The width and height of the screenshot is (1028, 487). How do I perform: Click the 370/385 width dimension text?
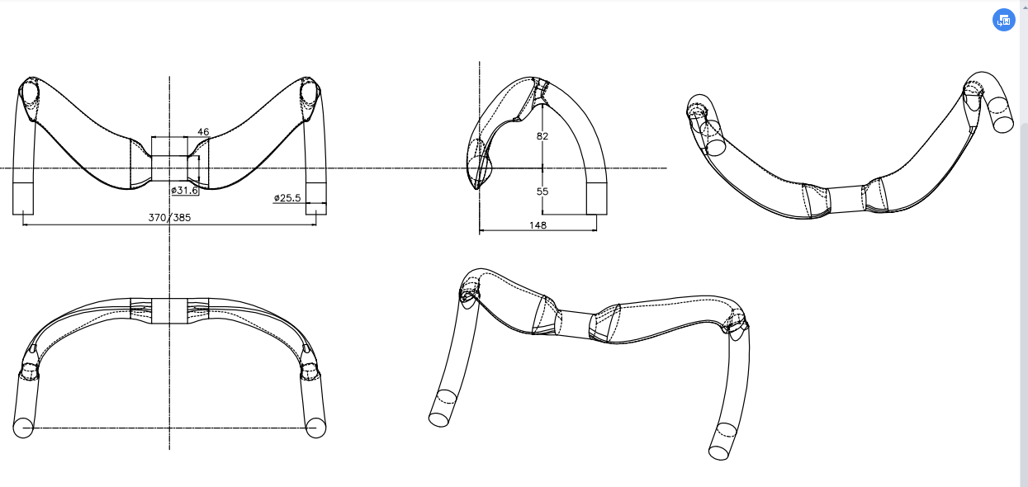coord(169,217)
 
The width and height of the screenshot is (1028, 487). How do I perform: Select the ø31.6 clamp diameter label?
coord(184,191)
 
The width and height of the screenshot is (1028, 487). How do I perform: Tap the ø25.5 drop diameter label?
coord(287,197)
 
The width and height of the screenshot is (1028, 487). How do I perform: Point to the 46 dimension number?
coord(203,131)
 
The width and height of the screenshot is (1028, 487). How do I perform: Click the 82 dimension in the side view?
coord(542,136)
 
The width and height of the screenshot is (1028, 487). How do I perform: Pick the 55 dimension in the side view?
coord(542,191)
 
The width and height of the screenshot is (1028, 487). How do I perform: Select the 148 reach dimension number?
coord(538,225)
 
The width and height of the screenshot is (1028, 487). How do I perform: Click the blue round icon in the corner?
coord(1004,20)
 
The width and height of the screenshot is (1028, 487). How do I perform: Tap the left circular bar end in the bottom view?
coord(23,428)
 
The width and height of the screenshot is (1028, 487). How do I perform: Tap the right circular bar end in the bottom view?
coord(315,428)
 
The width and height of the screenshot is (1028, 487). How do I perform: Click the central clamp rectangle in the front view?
coord(169,158)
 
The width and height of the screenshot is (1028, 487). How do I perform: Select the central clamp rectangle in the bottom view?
coord(169,311)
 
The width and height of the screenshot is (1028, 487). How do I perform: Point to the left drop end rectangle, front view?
coord(23,199)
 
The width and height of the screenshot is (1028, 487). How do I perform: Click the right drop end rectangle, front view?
coord(316,199)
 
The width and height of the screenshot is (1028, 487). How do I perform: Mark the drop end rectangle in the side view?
coord(597,199)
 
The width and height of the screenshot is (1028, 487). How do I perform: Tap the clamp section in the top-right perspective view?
coord(846,200)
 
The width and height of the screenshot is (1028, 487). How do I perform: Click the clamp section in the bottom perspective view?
coord(575,324)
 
